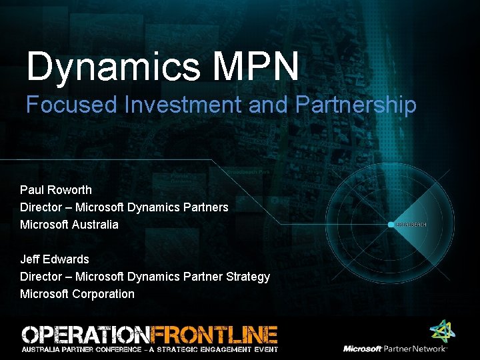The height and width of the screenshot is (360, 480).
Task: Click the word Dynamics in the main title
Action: pos(111,67)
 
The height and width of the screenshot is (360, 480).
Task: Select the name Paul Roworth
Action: pos(56,190)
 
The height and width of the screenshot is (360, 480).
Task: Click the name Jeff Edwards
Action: pos(55,259)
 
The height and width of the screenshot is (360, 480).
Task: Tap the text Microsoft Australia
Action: pos(69,225)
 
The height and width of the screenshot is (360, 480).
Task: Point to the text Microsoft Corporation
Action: pos(77,294)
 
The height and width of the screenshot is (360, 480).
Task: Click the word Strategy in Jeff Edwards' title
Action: pos(247,277)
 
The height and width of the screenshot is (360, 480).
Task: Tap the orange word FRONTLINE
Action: pos(214,334)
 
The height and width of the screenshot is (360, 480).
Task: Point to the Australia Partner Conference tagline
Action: pos(150,349)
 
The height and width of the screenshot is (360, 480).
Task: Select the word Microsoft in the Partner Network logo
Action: pos(362,349)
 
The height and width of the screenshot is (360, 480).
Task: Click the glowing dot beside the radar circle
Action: pos(391,225)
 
